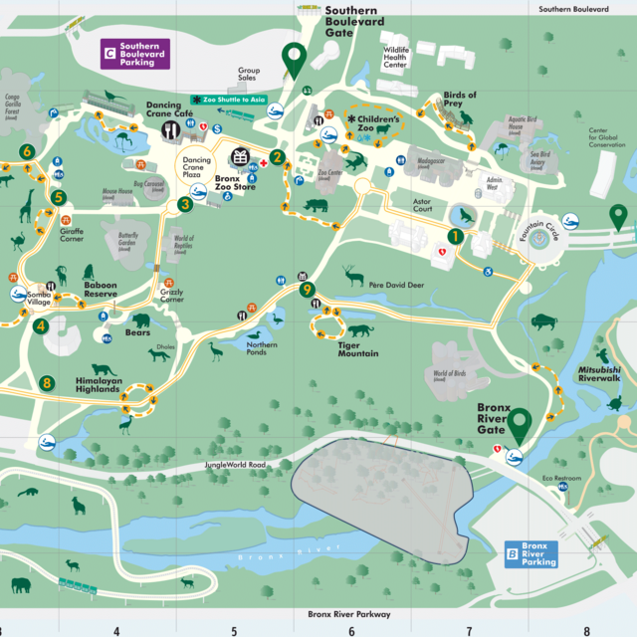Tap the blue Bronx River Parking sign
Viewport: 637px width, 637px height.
coord(531,554)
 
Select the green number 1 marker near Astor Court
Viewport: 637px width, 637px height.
coord(455,236)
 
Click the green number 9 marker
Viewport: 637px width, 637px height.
coord(308,290)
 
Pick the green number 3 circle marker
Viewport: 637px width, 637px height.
coord(184,205)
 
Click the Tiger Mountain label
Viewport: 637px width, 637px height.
coord(357,349)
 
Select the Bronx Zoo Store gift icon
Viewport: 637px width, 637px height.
coord(240,157)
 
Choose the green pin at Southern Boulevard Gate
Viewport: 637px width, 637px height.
coord(293,59)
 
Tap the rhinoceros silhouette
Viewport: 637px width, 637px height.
coord(317,205)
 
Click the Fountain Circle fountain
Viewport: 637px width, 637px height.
coord(539,239)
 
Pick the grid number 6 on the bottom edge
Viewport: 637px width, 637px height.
coord(351,629)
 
